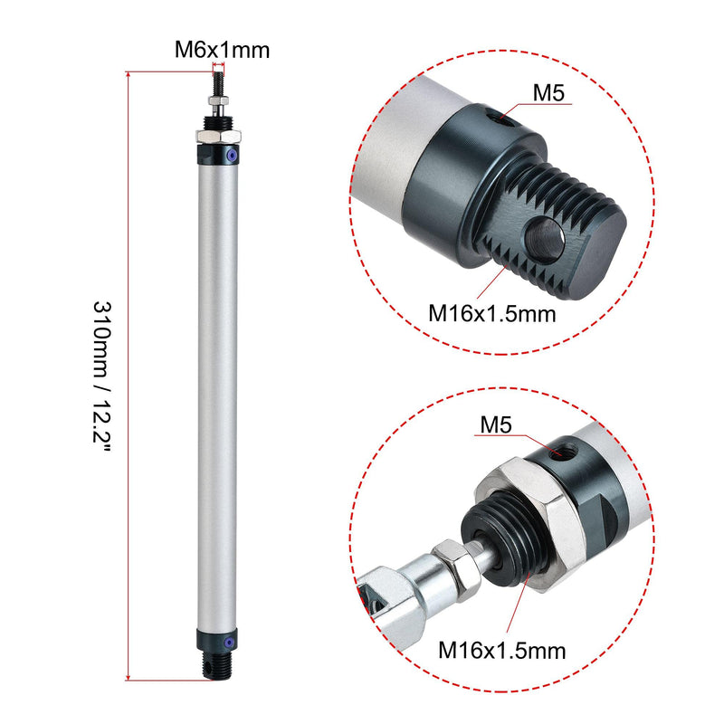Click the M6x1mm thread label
[222, 51]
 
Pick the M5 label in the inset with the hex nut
[497, 424]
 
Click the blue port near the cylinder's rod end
[233, 157]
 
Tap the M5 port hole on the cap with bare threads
[492, 116]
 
